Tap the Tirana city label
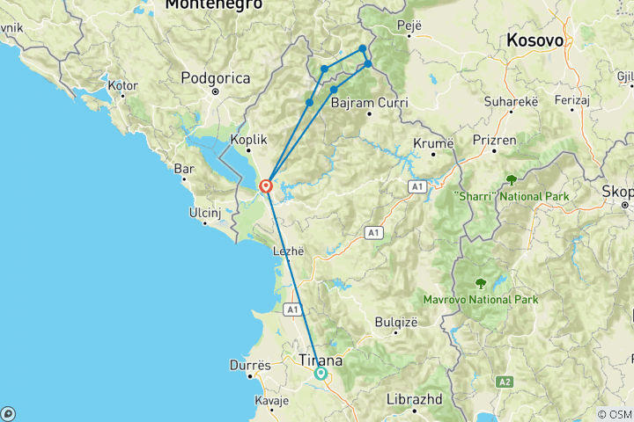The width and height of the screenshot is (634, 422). pos(321,360)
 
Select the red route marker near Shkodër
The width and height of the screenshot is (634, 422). pos(265,186)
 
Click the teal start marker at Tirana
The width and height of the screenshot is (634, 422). pos(321,374)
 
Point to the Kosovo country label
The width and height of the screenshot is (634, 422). pos(535,40)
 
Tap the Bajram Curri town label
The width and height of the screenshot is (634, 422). pos(370,103)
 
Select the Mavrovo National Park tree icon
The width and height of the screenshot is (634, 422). pos(481,283)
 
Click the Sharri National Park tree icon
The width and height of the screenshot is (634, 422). pos(512,179)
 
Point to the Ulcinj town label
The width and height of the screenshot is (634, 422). pos(209,213)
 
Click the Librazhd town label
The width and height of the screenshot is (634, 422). pos(414,399)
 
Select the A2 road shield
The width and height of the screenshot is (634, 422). pos(505,381)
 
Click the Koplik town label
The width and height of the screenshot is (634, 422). pos(247,139)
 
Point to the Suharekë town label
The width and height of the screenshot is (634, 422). pos(508,102)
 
